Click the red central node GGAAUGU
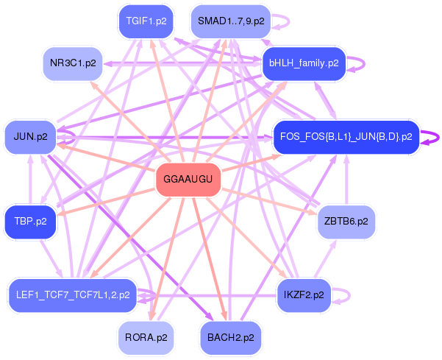point(188,180)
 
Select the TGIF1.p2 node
point(146,21)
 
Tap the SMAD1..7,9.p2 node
point(230,21)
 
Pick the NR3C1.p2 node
point(73,63)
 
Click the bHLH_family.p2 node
point(304,63)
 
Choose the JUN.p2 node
point(30,136)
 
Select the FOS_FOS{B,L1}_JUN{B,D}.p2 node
point(346,136)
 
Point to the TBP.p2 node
point(30,221)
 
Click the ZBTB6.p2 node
point(346,221)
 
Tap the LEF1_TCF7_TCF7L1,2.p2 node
point(72,294)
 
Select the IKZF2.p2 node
point(304,294)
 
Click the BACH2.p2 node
point(230,338)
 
